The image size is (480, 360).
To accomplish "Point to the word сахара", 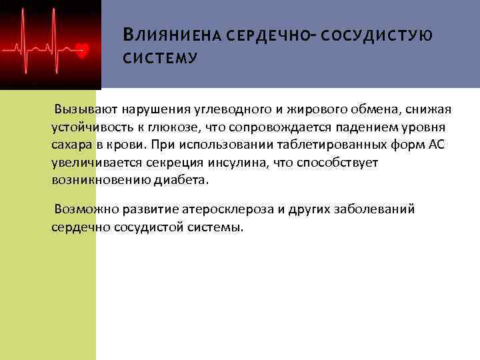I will tap(71, 145).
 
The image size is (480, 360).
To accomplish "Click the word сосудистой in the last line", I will tap(137, 227).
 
